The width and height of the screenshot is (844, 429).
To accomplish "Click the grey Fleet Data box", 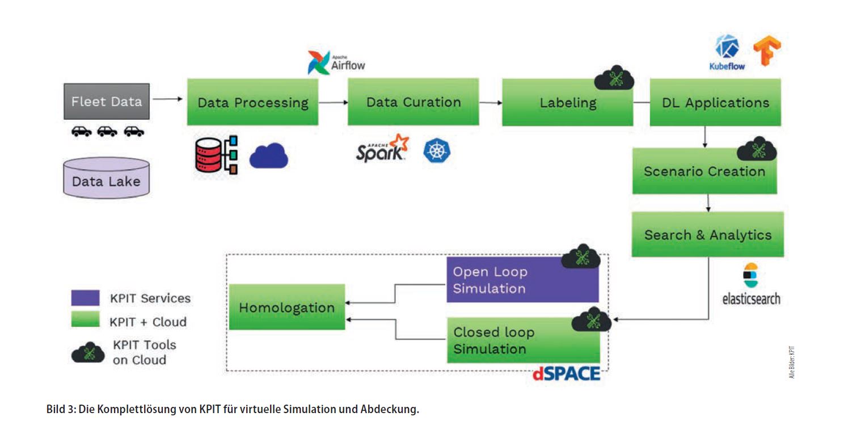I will (x=107, y=102).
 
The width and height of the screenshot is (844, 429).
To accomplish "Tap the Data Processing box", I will (x=252, y=102).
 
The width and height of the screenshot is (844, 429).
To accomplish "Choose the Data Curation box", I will (x=413, y=102).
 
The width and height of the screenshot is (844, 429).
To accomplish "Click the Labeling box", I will (x=567, y=103).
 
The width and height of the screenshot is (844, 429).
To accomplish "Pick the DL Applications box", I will (x=715, y=103).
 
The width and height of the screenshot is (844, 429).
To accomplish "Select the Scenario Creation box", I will (x=704, y=171).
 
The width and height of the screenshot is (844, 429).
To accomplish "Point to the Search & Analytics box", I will (x=707, y=234).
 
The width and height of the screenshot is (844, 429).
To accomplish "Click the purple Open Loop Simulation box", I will (x=522, y=280).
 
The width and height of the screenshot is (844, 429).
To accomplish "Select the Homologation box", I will (x=286, y=307).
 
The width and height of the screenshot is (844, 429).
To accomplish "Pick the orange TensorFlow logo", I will (x=767, y=50).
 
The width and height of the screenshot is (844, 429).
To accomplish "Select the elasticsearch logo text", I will (x=751, y=298).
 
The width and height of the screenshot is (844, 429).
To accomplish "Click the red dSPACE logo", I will (x=566, y=374).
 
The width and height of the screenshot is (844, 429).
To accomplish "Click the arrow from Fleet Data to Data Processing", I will (x=168, y=99).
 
